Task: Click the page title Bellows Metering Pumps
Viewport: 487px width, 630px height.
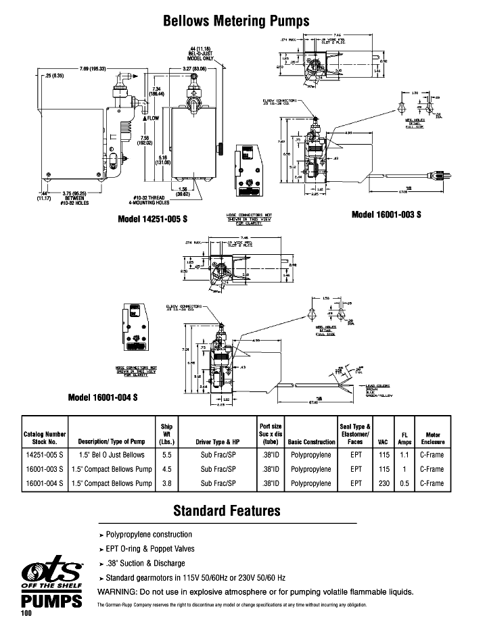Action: tap(236, 21)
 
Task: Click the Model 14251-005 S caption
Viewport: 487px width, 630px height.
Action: tap(152, 220)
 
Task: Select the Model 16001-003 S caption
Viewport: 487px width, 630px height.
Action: tap(386, 214)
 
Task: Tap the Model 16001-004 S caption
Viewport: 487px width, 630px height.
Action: tap(103, 397)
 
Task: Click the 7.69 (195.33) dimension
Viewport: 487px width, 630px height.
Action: tap(93, 70)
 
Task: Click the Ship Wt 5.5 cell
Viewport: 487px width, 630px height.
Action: tap(166, 455)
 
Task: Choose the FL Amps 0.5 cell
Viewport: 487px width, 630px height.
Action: tap(404, 483)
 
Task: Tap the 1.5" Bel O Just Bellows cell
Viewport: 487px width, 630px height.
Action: tap(112, 455)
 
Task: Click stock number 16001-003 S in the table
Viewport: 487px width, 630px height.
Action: tap(44, 469)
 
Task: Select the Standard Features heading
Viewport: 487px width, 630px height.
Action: tap(227, 510)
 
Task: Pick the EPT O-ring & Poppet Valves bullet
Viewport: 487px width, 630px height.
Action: tap(149, 548)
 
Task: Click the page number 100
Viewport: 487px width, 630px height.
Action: tap(26, 614)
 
